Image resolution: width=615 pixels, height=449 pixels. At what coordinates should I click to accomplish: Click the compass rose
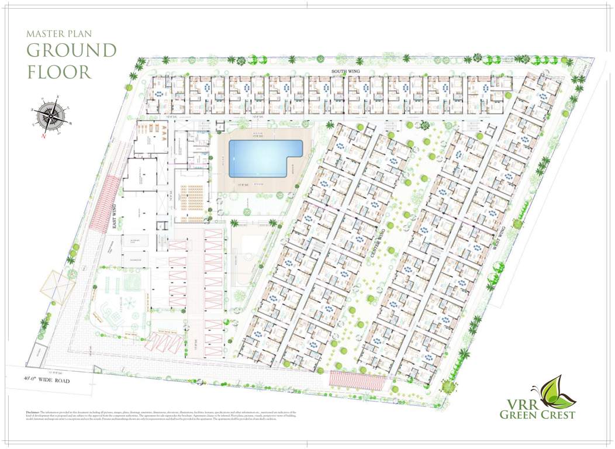click(51, 115)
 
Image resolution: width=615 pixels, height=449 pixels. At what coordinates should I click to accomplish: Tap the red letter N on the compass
click(44, 136)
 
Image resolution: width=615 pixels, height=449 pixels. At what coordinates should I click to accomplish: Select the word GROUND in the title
click(72, 50)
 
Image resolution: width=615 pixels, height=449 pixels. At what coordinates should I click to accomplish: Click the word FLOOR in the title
click(59, 72)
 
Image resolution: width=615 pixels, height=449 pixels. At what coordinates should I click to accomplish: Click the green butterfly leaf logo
click(556, 392)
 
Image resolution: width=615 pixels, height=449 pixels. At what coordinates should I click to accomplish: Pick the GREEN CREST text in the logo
click(537, 415)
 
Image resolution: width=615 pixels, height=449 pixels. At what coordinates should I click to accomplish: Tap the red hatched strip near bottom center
click(357, 381)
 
